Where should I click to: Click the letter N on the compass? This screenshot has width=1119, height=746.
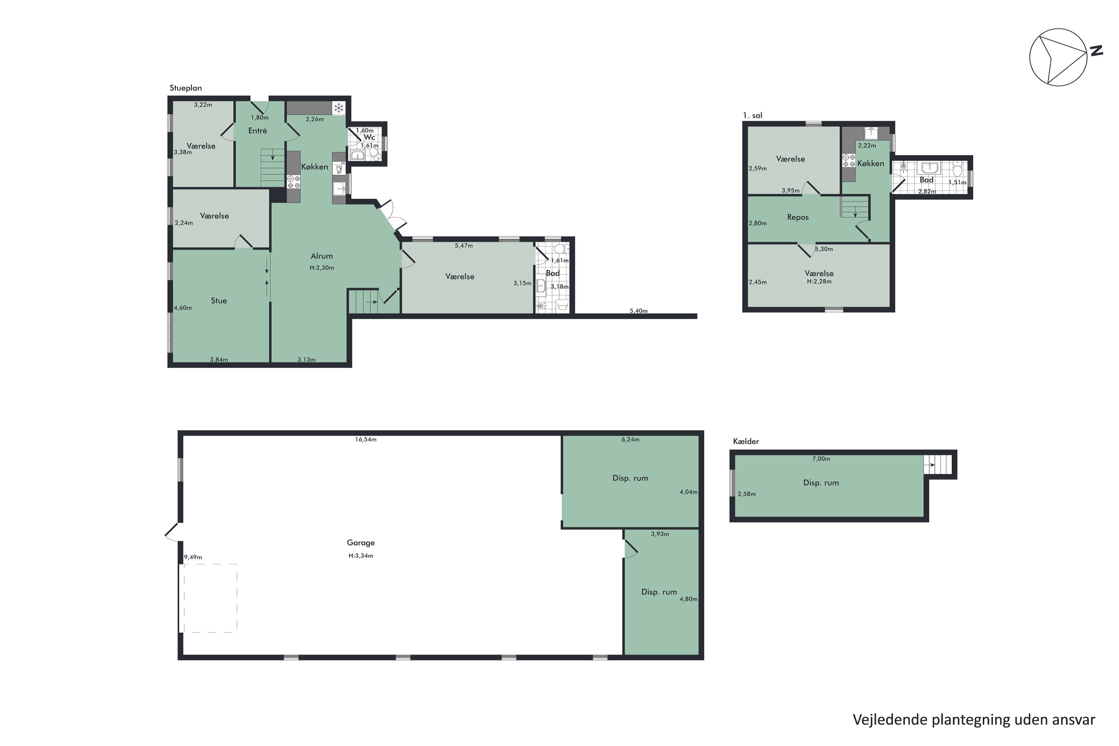click(x=1097, y=51)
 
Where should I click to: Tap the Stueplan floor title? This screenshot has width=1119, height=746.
click(x=185, y=88)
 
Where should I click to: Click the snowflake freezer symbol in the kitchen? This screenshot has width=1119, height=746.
click(x=339, y=109)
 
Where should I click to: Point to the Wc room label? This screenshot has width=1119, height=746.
click(x=370, y=138)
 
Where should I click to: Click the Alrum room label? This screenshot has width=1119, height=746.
click(x=322, y=256)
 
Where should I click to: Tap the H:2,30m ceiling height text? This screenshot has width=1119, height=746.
click(x=322, y=268)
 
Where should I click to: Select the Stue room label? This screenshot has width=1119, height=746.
click(x=219, y=301)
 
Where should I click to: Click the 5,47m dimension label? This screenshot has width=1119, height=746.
click(x=463, y=246)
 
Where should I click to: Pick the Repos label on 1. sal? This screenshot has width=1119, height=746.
click(x=798, y=217)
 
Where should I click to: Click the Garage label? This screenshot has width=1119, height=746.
click(x=361, y=543)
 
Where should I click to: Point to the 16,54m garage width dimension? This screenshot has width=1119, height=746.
click(x=366, y=440)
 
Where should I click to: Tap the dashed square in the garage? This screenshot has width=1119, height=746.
click(x=211, y=599)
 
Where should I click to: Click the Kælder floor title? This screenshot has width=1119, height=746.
click(x=746, y=442)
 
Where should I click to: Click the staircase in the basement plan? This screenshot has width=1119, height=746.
click(x=938, y=465)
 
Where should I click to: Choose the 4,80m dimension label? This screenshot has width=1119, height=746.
click(x=689, y=599)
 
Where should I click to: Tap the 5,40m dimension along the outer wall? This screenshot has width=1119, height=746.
click(x=639, y=311)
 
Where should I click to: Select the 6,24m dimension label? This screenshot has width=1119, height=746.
click(x=630, y=440)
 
